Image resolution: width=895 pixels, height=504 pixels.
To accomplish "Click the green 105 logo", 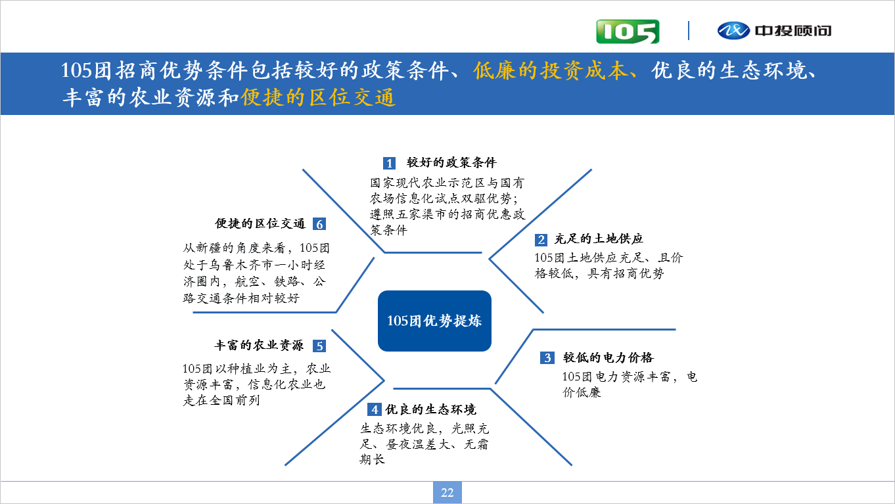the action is [x=628, y=31].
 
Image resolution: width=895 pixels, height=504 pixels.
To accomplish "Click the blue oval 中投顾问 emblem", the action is [x=733, y=31].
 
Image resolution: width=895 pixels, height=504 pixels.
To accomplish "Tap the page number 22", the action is [x=447, y=492].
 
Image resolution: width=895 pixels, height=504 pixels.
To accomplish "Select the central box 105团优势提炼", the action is [x=434, y=321].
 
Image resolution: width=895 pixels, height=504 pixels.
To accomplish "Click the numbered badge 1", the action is [x=389, y=163].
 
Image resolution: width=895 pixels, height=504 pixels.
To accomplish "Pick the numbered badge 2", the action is [x=541, y=239].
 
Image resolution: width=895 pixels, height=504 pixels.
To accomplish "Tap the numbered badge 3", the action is [x=547, y=357].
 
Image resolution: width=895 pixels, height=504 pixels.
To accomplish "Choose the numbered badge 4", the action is [x=374, y=409].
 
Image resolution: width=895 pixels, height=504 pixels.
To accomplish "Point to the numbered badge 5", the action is [x=319, y=346].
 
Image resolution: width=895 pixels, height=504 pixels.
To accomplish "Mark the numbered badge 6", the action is [x=319, y=224].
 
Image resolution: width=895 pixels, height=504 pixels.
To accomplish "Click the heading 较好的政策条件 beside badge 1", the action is [x=451, y=163].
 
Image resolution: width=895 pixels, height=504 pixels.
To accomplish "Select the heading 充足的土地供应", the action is [x=599, y=239].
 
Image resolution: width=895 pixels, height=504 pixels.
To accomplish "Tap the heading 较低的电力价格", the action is [x=608, y=357].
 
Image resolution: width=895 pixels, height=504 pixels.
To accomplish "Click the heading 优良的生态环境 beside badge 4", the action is [x=430, y=409].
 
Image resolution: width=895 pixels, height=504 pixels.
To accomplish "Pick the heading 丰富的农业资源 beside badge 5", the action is [x=259, y=346].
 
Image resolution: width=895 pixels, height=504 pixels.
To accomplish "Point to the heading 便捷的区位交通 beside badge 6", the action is [x=260, y=223].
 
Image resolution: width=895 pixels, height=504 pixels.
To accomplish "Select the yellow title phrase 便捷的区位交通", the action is [x=318, y=97].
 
